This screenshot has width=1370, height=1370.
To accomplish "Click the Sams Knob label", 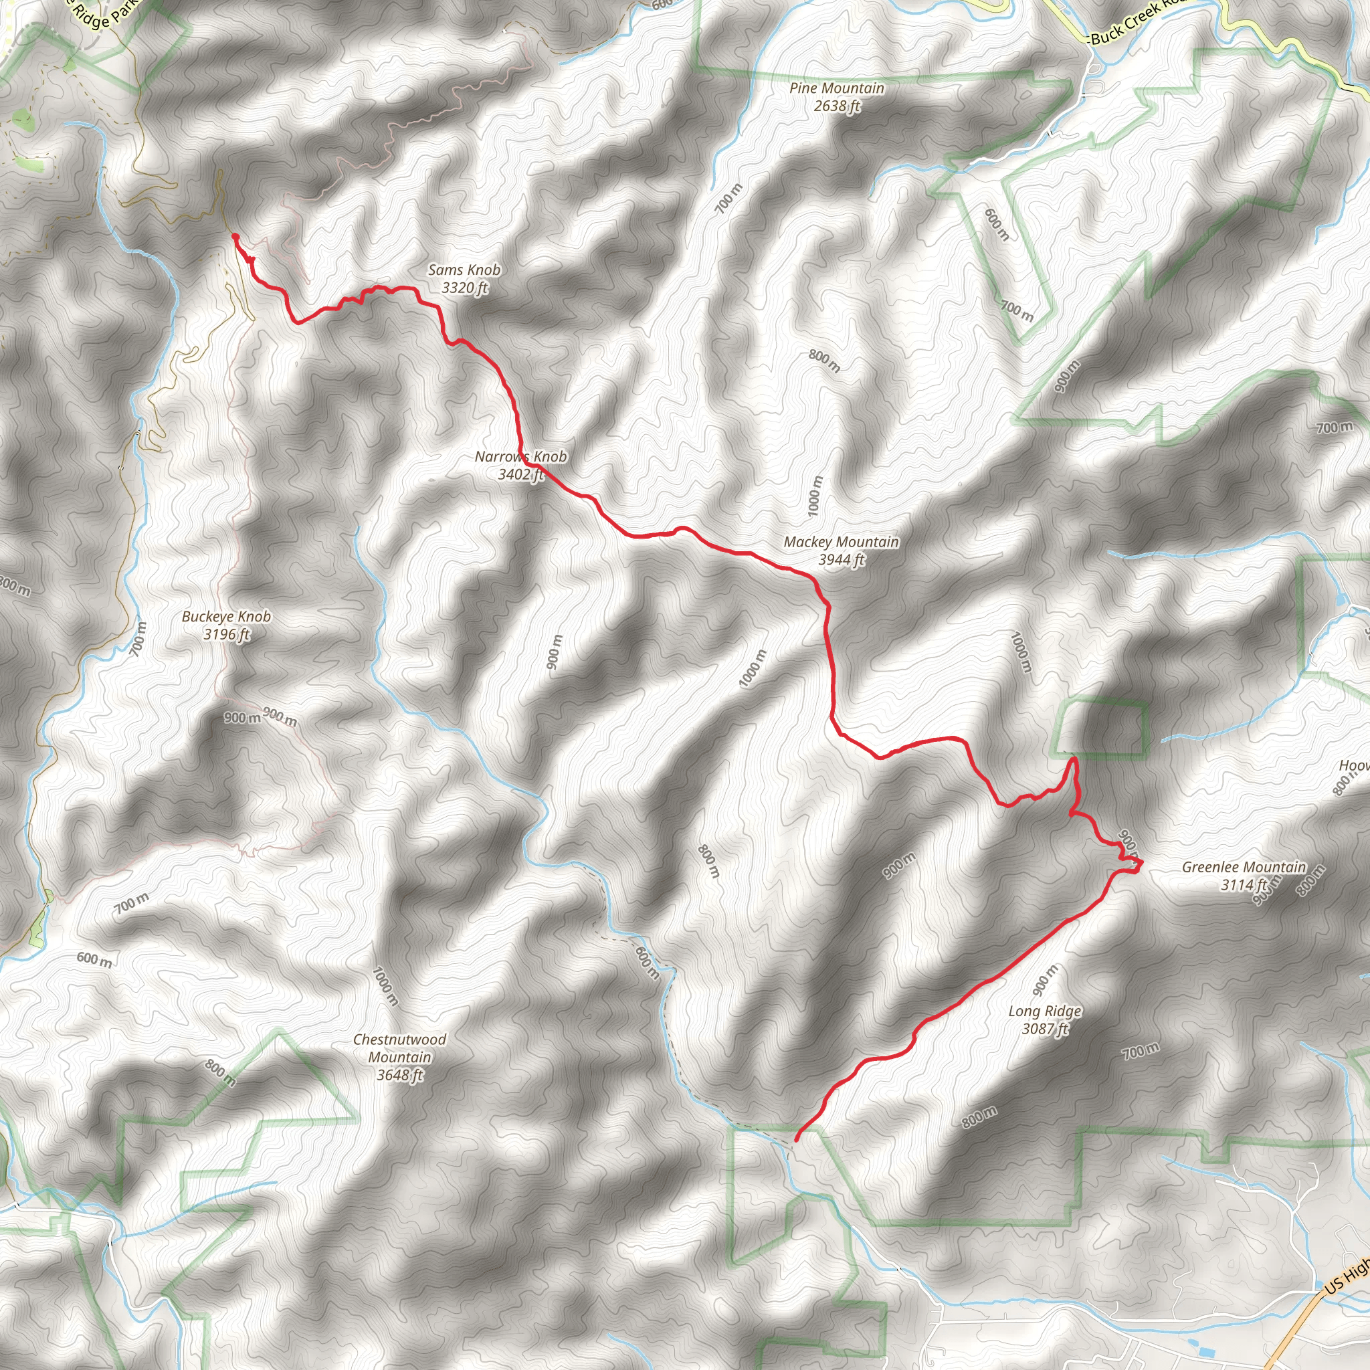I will (x=464, y=270).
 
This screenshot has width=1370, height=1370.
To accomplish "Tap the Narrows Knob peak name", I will (x=520, y=457).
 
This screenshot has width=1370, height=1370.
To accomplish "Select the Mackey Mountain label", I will (x=841, y=543).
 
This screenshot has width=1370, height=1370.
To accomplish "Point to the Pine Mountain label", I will (x=837, y=89).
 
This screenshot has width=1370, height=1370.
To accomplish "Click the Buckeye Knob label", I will (x=226, y=617).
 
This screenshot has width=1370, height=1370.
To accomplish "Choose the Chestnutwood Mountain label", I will (x=400, y=1048).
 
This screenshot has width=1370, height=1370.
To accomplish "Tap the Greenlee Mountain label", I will (x=1243, y=867).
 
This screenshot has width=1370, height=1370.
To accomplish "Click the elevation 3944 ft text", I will (x=842, y=560).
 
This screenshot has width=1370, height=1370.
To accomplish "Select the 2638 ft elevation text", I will (x=837, y=106).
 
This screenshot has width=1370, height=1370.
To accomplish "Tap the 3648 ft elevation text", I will (x=400, y=1075).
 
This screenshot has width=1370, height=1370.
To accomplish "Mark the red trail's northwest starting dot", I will (x=235, y=237).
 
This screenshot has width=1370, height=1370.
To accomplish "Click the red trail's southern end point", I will (x=796, y=1139).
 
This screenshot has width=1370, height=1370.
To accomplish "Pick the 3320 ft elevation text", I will (x=464, y=288).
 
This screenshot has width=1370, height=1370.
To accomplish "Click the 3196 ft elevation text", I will (x=226, y=635).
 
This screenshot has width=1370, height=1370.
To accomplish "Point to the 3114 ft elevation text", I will (x=1244, y=885).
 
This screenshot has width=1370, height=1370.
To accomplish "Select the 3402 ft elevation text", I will (x=520, y=474).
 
